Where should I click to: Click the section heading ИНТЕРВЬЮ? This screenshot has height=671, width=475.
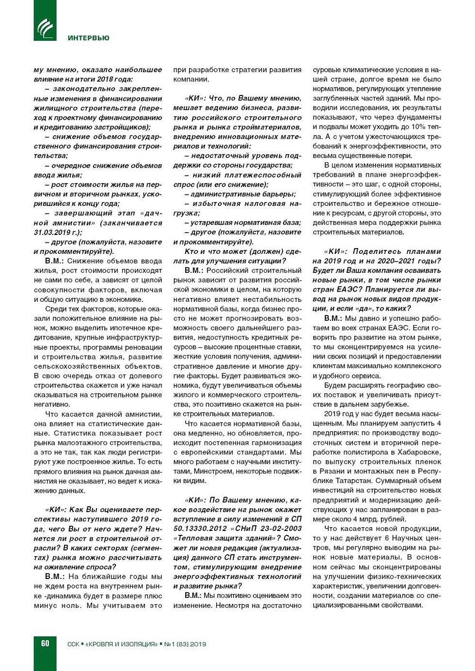point(88,38)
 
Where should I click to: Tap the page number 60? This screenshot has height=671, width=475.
point(45,643)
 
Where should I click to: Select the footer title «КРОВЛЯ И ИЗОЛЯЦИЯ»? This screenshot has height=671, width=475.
point(121,644)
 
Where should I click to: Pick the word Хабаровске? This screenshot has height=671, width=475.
point(418,452)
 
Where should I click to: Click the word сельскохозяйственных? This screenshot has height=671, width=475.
point(77,366)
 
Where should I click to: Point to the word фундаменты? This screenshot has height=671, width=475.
point(421,117)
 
